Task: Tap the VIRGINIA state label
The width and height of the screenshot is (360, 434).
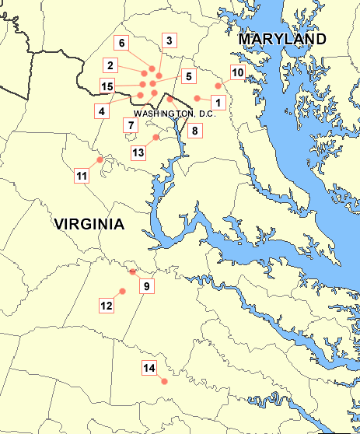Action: point(89,225)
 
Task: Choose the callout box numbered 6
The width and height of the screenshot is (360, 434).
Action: point(121,43)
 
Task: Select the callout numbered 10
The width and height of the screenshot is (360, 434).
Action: point(238,72)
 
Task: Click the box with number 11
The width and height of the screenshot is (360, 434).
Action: point(82,176)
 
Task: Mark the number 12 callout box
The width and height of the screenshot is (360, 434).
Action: point(107,306)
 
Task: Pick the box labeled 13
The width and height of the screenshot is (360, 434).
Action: point(138,152)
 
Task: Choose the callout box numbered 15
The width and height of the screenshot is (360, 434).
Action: point(108,86)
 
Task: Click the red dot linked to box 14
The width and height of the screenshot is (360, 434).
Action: point(164,381)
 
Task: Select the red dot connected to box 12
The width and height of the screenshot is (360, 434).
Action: point(121,291)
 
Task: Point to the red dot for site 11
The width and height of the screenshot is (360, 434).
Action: point(100,159)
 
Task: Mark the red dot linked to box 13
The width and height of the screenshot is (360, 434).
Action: point(156,138)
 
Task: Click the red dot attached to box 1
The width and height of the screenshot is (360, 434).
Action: point(197,98)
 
